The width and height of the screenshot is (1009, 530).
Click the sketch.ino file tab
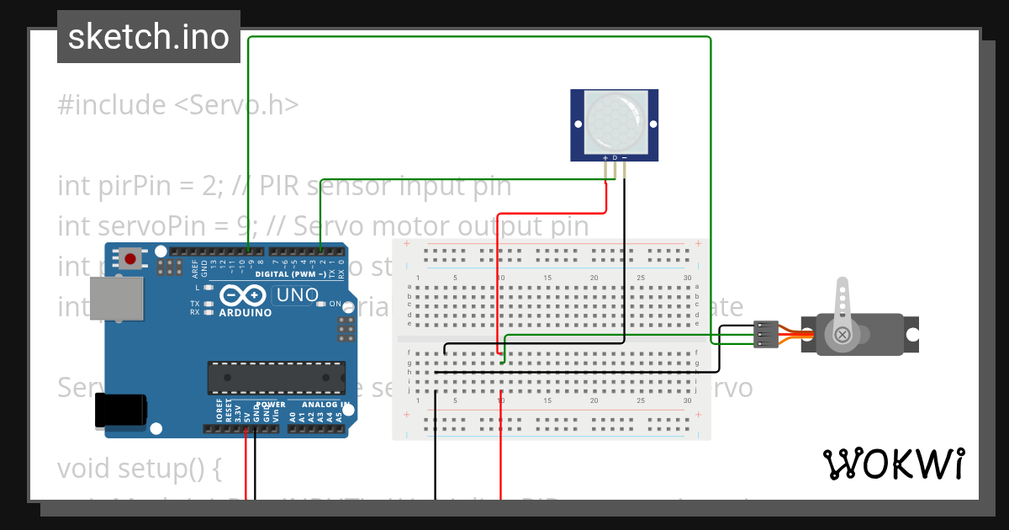pyautogui.click(x=149, y=37)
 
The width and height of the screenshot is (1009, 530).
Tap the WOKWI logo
pyautogui.click(x=893, y=464)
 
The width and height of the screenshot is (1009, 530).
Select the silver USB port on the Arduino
pyautogui.click(x=118, y=299)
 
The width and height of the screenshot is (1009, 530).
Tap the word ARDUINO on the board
pyautogui.click(x=245, y=313)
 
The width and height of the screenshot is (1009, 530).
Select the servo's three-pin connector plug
pyautogui.click(x=765, y=335)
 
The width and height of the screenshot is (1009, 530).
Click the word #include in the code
pyautogui.click(x=112, y=105)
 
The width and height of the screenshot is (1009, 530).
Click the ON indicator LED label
pyautogui.click(x=335, y=304)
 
